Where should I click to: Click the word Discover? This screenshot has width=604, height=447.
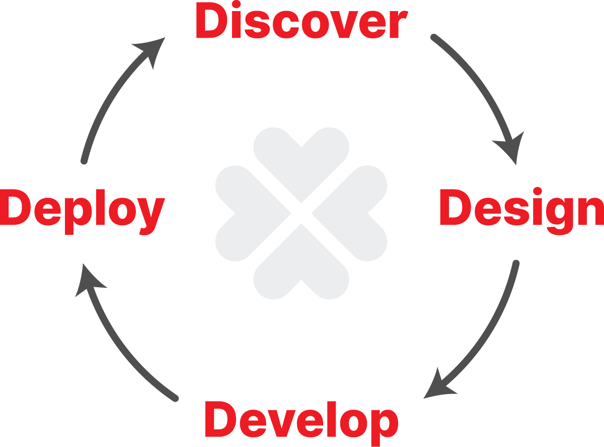(x=301, y=20)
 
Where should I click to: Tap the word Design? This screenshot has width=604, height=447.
(x=521, y=211)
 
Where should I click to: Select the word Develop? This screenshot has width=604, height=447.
(x=301, y=423)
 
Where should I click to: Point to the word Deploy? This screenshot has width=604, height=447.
(x=82, y=212)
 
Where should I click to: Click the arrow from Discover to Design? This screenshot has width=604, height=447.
(x=487, y=87)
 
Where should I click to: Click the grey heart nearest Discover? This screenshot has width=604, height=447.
(x=301, y=161)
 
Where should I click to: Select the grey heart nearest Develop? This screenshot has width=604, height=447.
(x=301, y=266)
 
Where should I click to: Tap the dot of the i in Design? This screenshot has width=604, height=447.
(x=538, y=191)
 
